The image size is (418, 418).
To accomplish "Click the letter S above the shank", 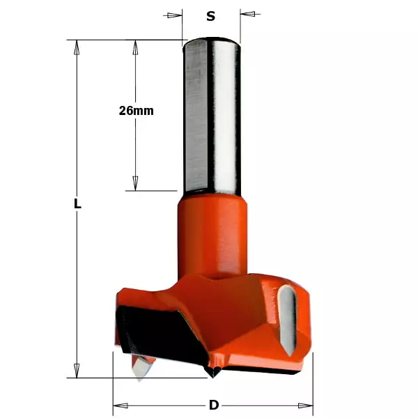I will pos(210,15).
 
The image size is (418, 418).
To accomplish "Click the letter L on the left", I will pos(78,205).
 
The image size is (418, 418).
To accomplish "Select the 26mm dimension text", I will pos(136,110).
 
